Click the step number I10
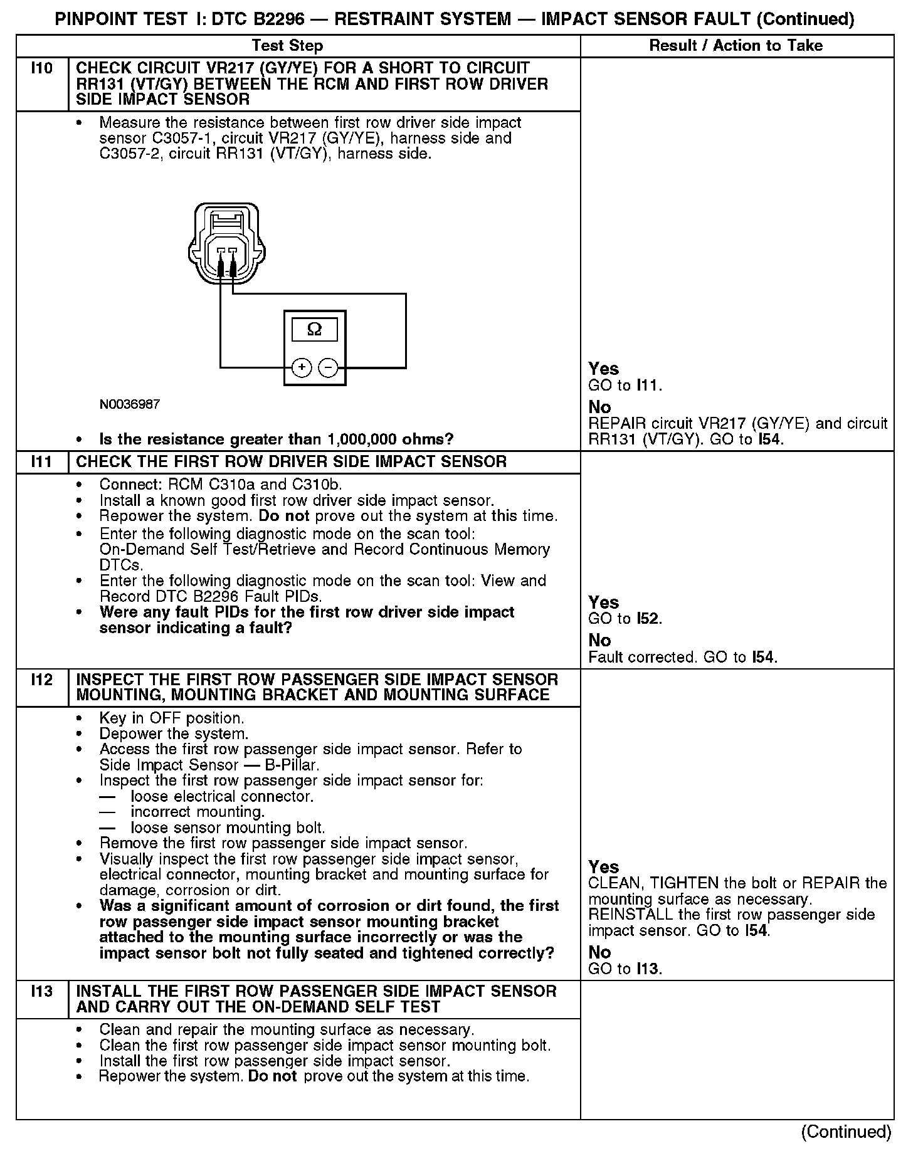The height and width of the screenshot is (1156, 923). point(41,68)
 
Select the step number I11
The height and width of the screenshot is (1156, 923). point(41,462)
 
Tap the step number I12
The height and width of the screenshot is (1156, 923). point(41,680)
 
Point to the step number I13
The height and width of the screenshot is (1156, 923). point(41,991)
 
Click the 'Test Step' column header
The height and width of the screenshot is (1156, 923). point(287,46)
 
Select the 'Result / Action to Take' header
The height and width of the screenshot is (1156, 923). point(736,46)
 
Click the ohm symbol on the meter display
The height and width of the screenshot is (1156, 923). point(314,330)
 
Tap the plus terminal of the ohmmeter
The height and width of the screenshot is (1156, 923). point(302,367)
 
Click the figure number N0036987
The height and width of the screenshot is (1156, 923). point(130,404)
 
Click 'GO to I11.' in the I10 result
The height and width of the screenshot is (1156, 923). point(625,386)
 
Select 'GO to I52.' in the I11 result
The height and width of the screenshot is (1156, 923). point(625,619)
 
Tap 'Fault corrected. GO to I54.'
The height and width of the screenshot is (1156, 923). point(683,657)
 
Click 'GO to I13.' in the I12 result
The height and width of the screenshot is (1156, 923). point(625,969)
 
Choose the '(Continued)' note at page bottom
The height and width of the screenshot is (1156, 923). point(846,1132)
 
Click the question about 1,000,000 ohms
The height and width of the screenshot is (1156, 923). point(277,439)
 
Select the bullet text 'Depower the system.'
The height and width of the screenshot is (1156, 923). point(174,733)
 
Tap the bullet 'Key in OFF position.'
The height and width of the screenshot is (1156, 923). point(172,718)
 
